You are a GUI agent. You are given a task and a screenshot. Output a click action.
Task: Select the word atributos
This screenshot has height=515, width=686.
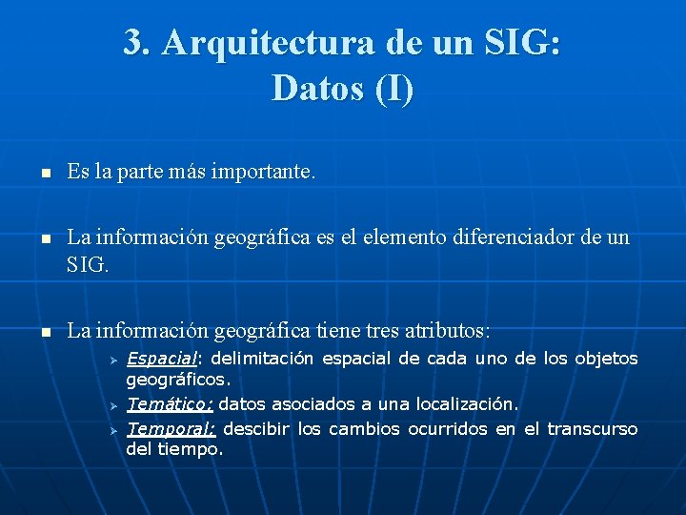coord(441,332)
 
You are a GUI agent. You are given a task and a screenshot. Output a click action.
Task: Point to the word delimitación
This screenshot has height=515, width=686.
coord(261,360)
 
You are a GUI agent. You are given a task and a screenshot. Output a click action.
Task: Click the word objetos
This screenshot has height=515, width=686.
coord(605,360)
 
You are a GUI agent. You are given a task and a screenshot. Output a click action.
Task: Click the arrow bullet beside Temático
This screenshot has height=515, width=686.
coord(111,406)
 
